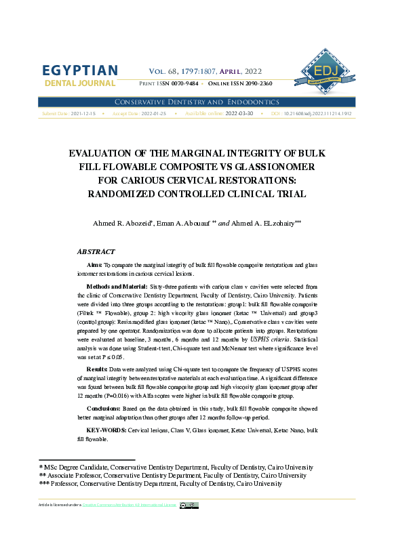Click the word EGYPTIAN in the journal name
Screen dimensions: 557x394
pyautogui.click(x=80, y=71)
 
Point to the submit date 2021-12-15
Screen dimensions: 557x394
pyautogui.click(x=83, y=114)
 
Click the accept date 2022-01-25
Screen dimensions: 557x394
pyautogui.click(x=153, y=114)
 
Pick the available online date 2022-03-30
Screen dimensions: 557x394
pyautogui.click(x=239, y=114)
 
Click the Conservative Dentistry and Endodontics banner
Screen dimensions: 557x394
pyautogui.click(x=197, y=102)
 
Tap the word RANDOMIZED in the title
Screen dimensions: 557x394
pyautogui.click(x=125, y=194)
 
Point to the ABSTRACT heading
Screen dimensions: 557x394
pyautogui.click(x=96, y=252)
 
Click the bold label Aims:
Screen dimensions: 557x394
pyautogui.click(x=94, y=265)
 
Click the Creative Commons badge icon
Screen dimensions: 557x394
pyautogui.click(x=189, y=505)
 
